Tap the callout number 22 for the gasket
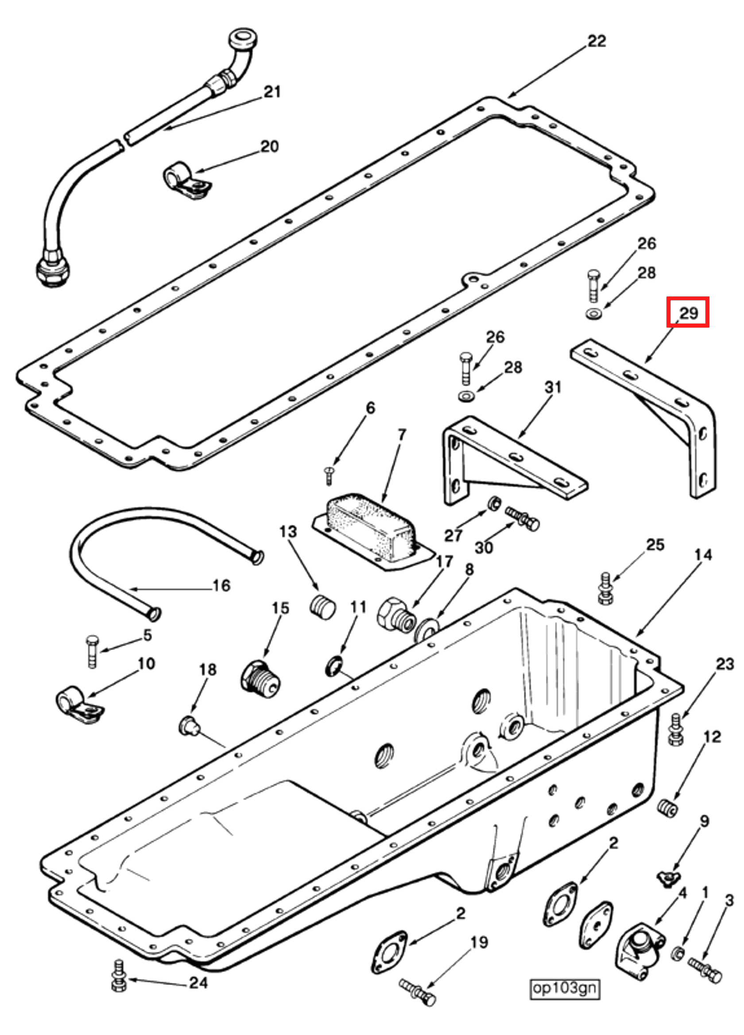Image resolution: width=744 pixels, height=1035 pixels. [596, 41]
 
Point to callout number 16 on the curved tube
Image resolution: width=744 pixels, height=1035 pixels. [221, 585]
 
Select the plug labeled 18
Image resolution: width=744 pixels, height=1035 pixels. [187, 725]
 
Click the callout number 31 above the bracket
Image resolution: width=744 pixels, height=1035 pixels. [552, 387]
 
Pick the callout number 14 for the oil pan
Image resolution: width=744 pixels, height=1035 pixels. [703, 555]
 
